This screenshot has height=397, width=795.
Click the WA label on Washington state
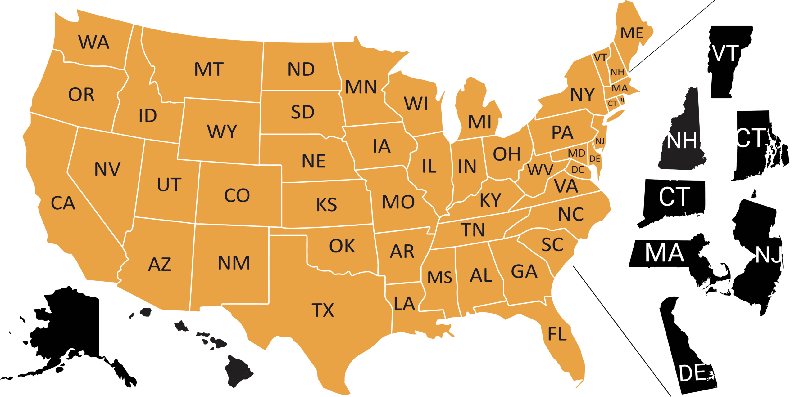click(94, 42)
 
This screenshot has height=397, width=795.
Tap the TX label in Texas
click(323, 310)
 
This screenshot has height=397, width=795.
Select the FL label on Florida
click(557, 334)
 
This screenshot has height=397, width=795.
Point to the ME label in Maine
click(632, 33)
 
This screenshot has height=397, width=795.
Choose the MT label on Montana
click(209, 69)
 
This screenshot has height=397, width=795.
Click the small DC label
click(578, 170)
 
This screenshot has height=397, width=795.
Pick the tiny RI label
click(621, 100)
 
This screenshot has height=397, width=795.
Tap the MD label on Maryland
click(576, 153)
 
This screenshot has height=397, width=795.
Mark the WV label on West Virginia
click(540, 170)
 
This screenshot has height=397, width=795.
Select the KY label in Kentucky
click(490, 200)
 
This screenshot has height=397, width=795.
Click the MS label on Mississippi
click(439, 277)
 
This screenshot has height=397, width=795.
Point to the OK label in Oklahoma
click(342, 246)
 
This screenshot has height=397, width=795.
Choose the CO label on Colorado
click(237, 195)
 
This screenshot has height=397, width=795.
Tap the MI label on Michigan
click(480, 122)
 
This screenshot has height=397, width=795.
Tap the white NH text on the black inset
click(682, 141)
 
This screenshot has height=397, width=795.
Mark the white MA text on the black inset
click(665, 253)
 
